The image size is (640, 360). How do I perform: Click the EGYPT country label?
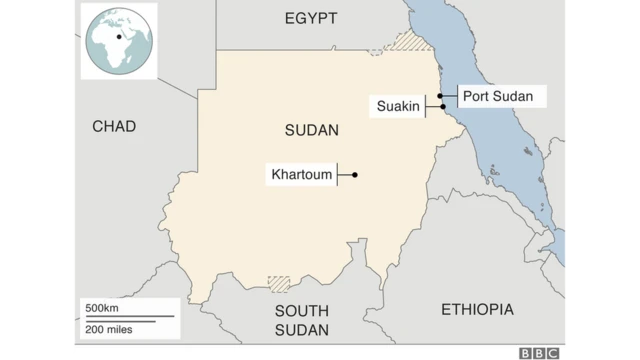pyautogui.click(x=310, y=18)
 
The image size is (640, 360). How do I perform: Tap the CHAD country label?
pyautogui.click(x=113, y=126)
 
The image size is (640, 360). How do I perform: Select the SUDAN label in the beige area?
pyautogui.click(x=311, y=131)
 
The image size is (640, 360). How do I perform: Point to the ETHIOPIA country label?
pyautogui.click(x=477, y=310)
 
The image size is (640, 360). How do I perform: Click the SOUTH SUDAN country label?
pyautogui.click(x=308, y=320)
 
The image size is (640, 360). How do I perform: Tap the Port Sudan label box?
pyautogui.click(x=504, y=96)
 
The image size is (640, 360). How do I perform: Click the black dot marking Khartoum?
pyautogui.click(x=355, y=175)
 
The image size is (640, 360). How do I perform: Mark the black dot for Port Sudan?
pyautogui.click(x=440, y=96)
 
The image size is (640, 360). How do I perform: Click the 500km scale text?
pyautogui.click(x=103, y=307)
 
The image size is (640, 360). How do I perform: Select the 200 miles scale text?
pyautogui.click(x=108, y=328)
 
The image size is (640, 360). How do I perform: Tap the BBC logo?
pyautogui.click(x=540, y=352)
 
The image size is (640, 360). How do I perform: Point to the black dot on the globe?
pyautogui.click(x=119, y=37)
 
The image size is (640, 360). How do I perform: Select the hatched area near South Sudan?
pyautogui.click(x=279, y=283)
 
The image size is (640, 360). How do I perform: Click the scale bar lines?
pyautogui.click(x=128, y=318)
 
